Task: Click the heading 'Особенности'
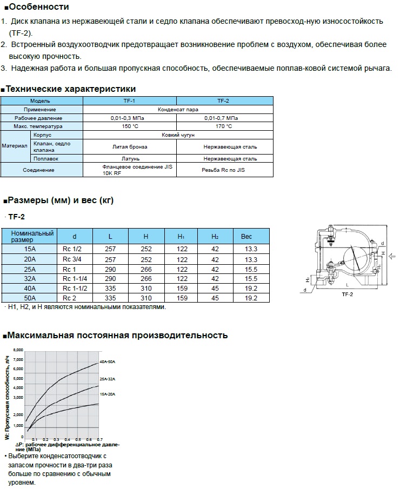[x=39, y=7]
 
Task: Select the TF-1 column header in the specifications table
[x=130, y=101]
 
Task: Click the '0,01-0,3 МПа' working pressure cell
[x=130, y=118]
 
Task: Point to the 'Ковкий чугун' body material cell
[x=178, y=135]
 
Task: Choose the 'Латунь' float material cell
[x=130, y=159]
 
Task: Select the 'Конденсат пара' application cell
[x=178, y=109]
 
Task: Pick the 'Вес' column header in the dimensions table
[x=246, y=236]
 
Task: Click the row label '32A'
[x=30, y=278]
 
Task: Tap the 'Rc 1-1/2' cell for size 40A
[x=75, y=288]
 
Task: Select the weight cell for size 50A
[x=251, y=298]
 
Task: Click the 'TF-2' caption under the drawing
[x=347, y=295]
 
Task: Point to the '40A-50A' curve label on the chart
[x=107, y=361]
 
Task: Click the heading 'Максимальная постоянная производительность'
[x=117, y=336]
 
